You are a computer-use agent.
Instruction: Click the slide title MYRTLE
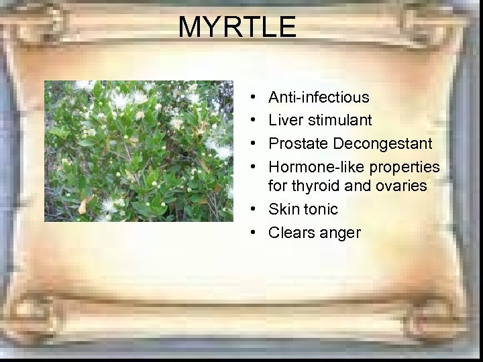pyautogui.click(x=237, y=27)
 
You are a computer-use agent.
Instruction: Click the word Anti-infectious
pyautogui.click(x=319, y=97)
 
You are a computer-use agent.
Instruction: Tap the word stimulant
pyautogui.click(x=339, y=120)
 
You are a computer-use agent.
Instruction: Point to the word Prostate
pyautogui.click(x=298, y=143)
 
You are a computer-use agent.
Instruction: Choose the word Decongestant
pyautogui.click(x=382, y=143)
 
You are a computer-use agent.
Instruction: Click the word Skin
pyautogui.click(x=283, y=209)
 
